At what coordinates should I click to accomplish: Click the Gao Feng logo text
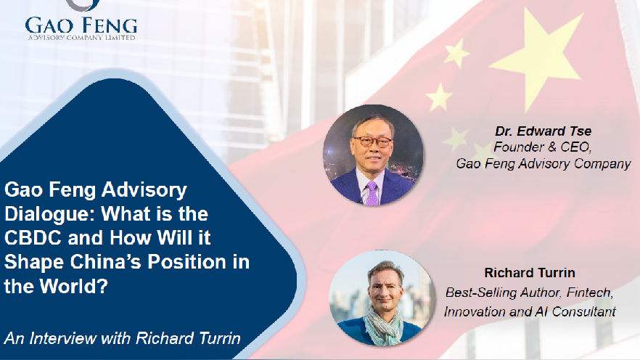pyautogui.click(x=81, y=25)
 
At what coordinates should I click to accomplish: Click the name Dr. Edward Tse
pyautogui.click(x=543, y=131)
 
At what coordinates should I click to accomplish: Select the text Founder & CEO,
pyautogui.click(x=543, y=147)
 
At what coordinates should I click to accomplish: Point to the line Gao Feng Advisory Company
pyautogui.click(x=543, y=164)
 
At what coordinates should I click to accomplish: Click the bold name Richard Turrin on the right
pyautogui.click(x=530, y=273)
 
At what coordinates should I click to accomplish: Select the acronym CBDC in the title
pyautogui.click(x=33, y=238)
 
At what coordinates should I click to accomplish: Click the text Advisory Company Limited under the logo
pyautogui.click(x=81, y=38)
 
